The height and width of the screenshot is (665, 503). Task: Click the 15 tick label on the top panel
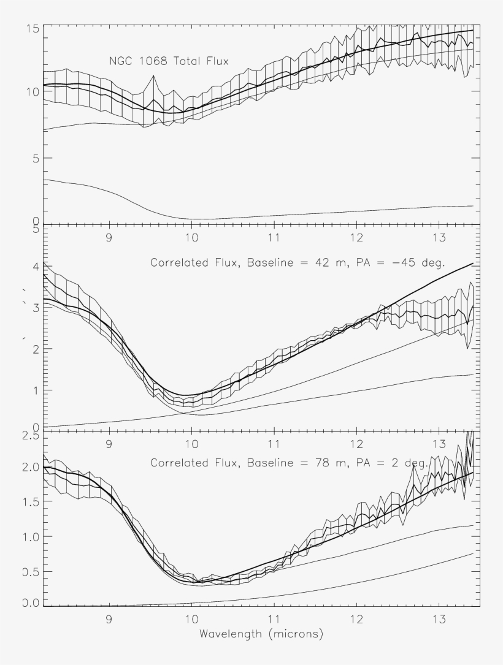coord(33,29)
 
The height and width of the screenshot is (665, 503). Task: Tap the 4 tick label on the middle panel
coord(36,267)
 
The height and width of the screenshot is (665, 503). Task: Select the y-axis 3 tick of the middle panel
coord(36,308)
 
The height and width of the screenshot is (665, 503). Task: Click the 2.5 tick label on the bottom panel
coord(30,435)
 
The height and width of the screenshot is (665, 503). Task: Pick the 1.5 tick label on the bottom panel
coord(30,502)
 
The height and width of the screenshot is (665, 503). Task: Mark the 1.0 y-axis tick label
coord(30,537)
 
